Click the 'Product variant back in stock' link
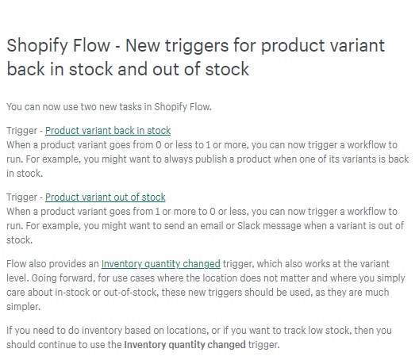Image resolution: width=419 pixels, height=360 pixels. [x=108, y=131]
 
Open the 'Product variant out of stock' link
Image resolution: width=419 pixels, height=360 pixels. [x=106, y=197]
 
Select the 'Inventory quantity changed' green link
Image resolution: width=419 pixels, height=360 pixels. [x=161, y=264]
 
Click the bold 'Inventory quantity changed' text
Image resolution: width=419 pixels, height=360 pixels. [x=185, y=344]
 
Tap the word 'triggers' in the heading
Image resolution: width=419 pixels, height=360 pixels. [x=197, y=46]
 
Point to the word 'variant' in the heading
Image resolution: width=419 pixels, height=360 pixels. [x=357, y=45]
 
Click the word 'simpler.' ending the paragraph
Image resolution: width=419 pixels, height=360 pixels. [x=24, y=307]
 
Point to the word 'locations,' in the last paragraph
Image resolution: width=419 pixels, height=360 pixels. [x=187, y=331]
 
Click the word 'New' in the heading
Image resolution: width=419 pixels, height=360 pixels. [x=143, y=45]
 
